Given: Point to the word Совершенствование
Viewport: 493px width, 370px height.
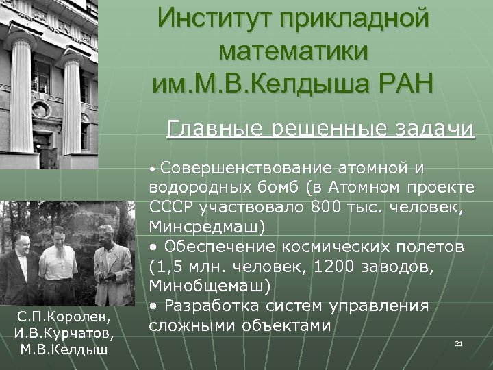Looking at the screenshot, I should tap(247, 167).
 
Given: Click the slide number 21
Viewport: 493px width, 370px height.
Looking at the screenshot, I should tap(459, 343).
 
